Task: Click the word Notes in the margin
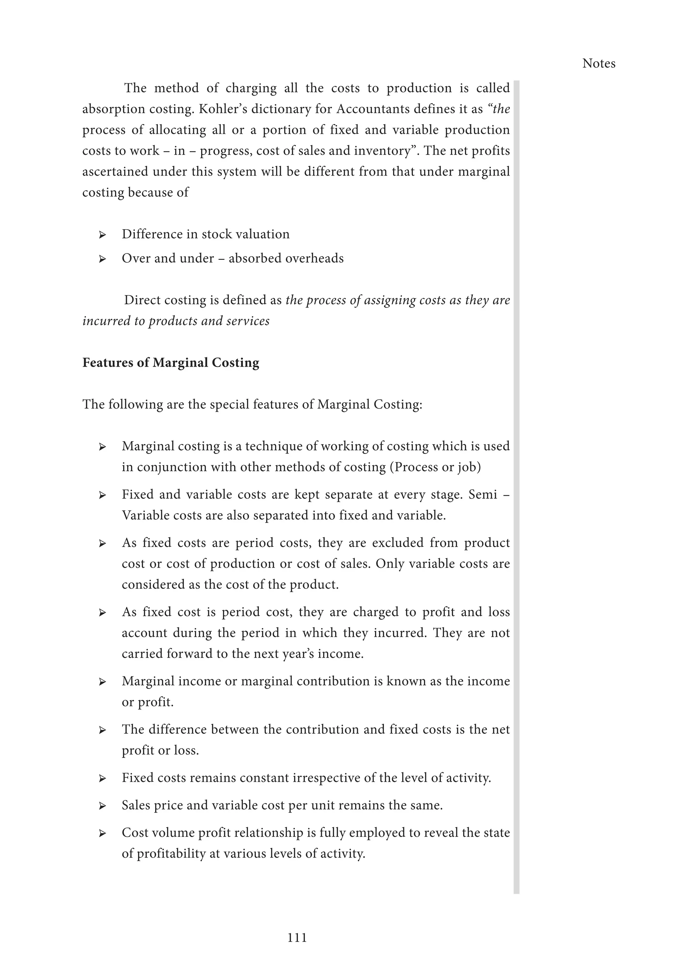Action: pos(598,63)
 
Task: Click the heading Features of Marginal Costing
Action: pos(171,363)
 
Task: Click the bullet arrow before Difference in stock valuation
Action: pos(102,235)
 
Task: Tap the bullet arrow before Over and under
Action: pos(102,259)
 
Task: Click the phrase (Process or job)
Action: pos(435,467)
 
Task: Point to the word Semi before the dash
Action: pos(482,494)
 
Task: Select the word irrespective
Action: pos(325,778)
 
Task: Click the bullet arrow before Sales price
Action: pos(102,806)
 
